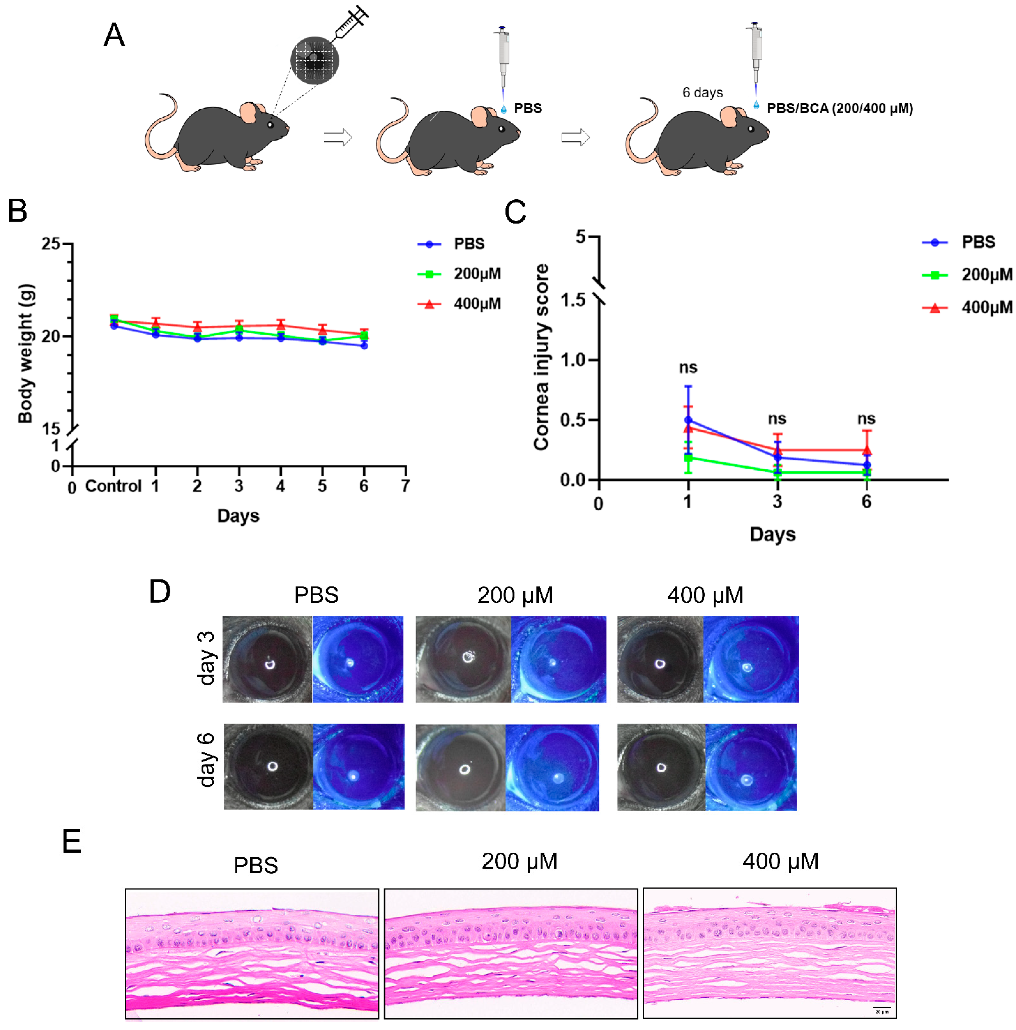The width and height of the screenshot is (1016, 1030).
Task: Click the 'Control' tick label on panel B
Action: tap(113, 486)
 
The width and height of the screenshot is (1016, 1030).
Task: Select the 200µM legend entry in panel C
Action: tap(966, 275)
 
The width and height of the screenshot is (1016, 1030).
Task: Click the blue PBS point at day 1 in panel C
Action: tap(688, 420)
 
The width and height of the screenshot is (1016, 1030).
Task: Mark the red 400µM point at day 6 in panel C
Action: tap(866, 450)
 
